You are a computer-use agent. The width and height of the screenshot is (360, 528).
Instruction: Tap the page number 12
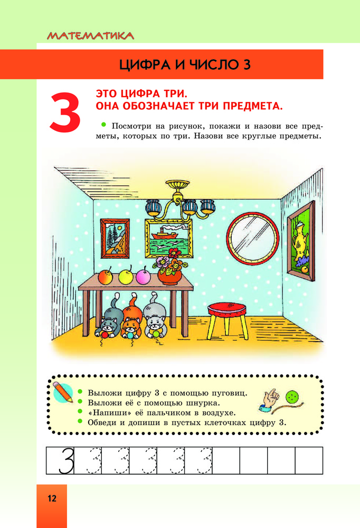(x=52, y=498)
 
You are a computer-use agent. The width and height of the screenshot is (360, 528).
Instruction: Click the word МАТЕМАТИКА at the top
(x=90, y=36)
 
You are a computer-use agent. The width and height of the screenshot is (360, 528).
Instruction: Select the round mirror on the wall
(x=252, y=238)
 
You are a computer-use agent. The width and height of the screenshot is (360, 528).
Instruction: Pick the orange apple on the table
(x=106, y=276)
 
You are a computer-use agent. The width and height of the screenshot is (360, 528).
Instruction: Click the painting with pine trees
(x=115, y=238)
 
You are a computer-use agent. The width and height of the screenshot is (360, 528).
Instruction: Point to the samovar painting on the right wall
(x=300, y=240)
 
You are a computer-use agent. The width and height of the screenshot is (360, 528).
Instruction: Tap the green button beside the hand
(x=292, y=397)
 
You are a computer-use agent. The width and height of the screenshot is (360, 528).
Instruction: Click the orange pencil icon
(x=63, y=392)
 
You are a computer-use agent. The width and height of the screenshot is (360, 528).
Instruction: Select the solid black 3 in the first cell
(x=67, y=460)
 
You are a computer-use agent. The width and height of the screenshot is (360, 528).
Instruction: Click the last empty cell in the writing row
(x=309, y=460)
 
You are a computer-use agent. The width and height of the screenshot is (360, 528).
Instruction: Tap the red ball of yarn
(x=105, y=335)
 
